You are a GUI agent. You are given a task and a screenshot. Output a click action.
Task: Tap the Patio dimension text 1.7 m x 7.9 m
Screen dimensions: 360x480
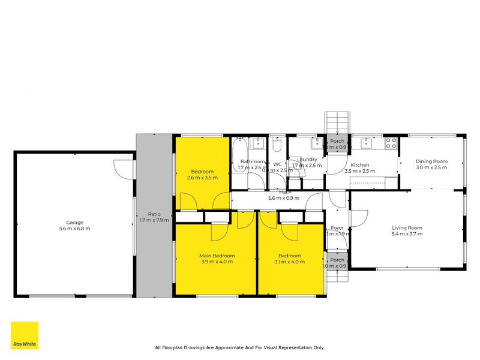[x=154, y=220]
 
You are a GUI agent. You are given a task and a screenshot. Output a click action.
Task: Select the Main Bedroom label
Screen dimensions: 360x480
[x=217, y=256]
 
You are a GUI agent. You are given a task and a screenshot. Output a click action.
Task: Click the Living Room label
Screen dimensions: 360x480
[x=407, y=227]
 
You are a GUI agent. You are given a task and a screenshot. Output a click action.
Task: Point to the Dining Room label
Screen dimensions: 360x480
[x=432, y=161]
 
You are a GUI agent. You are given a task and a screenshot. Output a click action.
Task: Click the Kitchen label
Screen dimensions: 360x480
[x=360, y=165]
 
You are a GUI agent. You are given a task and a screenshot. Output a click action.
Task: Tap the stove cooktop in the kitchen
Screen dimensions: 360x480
[x=391, y=143]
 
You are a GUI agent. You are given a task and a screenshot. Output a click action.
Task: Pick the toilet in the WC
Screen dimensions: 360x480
[x=277, y=146]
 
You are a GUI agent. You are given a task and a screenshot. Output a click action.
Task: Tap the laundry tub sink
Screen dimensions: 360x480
[x=315, y=143]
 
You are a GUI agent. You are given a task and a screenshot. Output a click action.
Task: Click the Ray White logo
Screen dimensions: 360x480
[x=25, y=335]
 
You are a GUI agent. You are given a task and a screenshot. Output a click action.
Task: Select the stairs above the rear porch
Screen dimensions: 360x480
[x=337, y=124]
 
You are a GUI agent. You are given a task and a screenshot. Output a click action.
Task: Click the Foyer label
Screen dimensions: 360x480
[x=337, y=227]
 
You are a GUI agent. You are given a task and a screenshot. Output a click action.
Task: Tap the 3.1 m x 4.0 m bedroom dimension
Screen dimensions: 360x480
[x=290, y=262]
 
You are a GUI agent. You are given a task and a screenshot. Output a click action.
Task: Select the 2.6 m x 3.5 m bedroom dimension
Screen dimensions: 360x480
[x=202, y=177]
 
